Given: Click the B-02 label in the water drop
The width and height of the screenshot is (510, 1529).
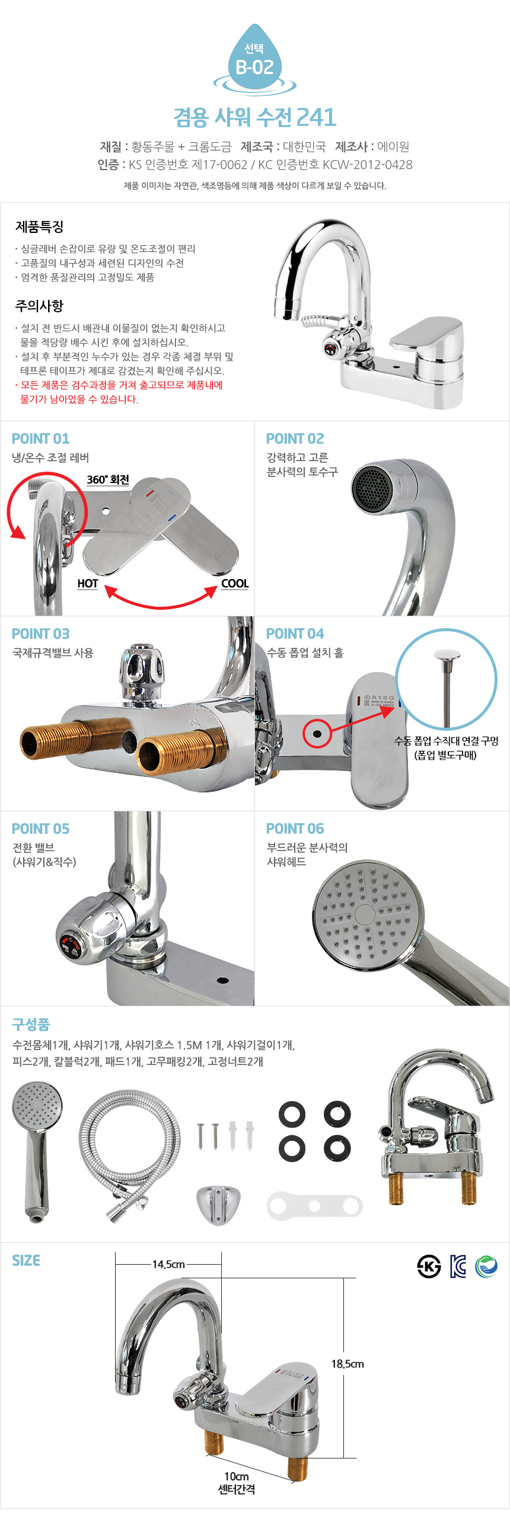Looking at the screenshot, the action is (x=254, y=67).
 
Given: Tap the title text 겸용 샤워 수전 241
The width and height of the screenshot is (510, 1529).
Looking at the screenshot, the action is (x=254, y=117).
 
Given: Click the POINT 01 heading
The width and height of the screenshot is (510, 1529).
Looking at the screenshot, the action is (x=40, y=439).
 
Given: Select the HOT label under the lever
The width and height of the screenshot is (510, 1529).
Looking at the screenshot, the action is (x=88, y=584).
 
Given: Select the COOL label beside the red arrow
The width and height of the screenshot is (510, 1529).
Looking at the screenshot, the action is (x=234, y=584).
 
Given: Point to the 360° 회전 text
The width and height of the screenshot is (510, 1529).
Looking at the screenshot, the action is (x=108, y=479).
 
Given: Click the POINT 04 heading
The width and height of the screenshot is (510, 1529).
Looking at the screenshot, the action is (x=295, y=634).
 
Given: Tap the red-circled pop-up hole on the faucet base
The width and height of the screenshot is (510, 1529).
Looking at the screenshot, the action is (x=317, y=734).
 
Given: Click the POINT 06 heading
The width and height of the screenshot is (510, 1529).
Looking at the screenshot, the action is (x=295, y=829).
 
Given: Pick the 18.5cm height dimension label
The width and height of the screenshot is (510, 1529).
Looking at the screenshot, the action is (x=348, y=1364).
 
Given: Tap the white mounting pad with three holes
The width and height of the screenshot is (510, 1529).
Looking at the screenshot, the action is (x=314, y=1206).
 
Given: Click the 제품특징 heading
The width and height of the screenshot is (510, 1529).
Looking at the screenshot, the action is (x=39, y=226).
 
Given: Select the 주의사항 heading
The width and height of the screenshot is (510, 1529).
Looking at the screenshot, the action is (x=39, y=306).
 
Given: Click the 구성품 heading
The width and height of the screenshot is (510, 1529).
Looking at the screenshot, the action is (x=31, y=1024).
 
